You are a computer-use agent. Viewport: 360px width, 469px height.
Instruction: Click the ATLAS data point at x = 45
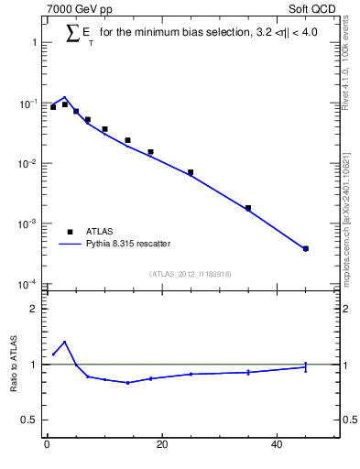(306, 248)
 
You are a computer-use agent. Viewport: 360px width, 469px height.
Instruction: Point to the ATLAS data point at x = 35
(248, 208)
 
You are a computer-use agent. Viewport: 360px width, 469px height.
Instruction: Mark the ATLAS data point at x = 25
(191, 172)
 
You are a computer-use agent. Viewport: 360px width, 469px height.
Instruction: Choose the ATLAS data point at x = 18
(150, 152)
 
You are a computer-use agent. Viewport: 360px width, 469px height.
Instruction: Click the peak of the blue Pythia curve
(64, 97)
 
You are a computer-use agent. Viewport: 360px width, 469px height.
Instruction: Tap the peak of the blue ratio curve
(64, 342)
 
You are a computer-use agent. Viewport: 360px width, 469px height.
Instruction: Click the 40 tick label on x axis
(277, 446)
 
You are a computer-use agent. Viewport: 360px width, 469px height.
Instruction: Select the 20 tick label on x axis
(162, 446)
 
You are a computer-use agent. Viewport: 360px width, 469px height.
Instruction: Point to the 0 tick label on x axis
(47, 446)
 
